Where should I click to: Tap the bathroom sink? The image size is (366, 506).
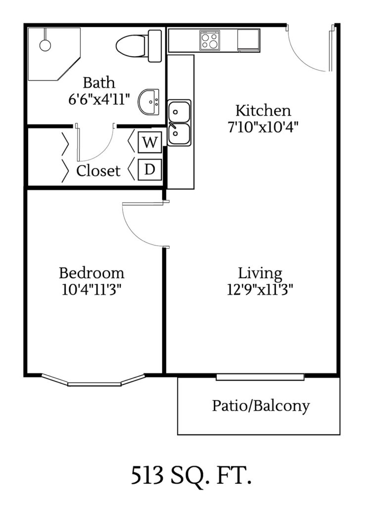(149, 101)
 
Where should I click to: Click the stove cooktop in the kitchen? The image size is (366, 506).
(210, 40)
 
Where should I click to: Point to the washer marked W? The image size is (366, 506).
(149, 143)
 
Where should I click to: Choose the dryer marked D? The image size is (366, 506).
(149, 169)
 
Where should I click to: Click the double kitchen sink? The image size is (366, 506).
(179, 123)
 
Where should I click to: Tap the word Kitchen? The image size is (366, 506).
(263, 110)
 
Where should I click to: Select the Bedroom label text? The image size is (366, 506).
(91, 273)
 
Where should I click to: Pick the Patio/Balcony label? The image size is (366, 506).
(261, 406)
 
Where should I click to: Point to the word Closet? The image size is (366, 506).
(98, 171)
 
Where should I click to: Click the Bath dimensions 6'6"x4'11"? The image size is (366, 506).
(99, 98)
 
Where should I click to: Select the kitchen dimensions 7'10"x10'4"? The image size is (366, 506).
(263, 126)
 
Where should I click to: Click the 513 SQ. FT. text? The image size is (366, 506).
(191, 476)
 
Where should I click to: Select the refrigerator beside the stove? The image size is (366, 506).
(248, 40)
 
